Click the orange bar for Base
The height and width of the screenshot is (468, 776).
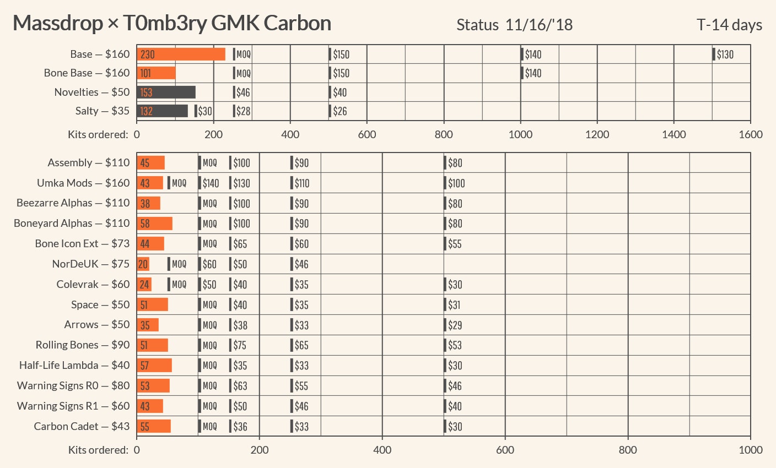tap(181, 54)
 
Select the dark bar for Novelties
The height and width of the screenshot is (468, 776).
tap(166, 92)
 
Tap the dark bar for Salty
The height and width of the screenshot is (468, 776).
tap(162, 111)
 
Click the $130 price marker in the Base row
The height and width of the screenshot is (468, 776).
tap(723, 54)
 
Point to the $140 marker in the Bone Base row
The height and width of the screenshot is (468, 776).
tap(531, 73)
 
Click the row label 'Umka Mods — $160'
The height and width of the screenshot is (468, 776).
tap(83, 183)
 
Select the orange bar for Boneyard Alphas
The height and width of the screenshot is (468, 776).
tap(154, 223)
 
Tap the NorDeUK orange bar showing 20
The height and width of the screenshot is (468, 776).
tap(143, 264)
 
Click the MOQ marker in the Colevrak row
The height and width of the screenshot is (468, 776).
tap(177, 284)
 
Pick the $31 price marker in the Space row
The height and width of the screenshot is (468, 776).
tap(452, 304)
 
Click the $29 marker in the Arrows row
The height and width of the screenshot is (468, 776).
tap(453, 325)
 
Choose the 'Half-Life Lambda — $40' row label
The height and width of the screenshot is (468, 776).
tap(74, 365)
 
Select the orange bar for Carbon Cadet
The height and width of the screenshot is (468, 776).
tap(154, 426)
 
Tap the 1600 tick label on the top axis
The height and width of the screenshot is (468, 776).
tap(750, 134)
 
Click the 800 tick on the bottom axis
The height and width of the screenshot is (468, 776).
tap(628, 450)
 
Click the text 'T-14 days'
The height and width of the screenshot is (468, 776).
tap(729, 25)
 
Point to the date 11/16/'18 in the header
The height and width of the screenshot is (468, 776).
tap(538, 25)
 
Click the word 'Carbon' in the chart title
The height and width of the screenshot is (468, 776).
tap(297, 23)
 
